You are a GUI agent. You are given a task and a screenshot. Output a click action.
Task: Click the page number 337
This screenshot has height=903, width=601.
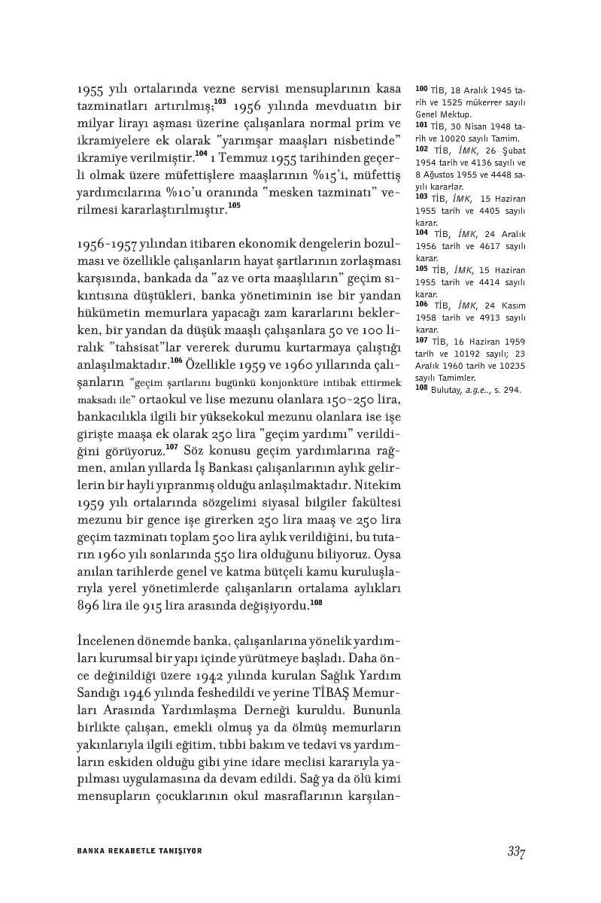515,852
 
